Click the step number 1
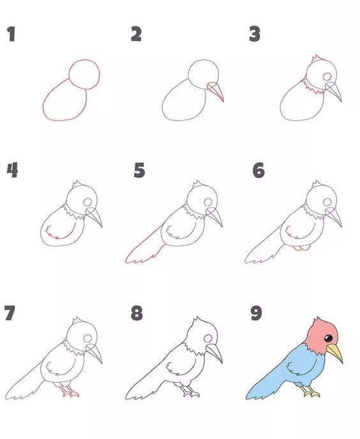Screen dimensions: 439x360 pyautogui.click(x=11, y=34)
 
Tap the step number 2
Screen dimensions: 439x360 pyautogui.click(x=136, y=34)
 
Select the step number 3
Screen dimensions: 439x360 pyautogui.click(x=255, y=34)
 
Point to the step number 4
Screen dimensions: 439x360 pyautogui.click(x=12, y=170)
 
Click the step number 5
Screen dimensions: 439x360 pyautogui.click(x=140, y=170)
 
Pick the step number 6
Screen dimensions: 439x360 pyautogui.click(x=258, y=170)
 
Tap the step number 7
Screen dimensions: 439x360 pyautogui.click(x=10, y=313)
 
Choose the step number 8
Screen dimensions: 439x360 pyautogui.click(x=137, y=313)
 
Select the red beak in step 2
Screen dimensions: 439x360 pyautogui.click(x=218, y=93)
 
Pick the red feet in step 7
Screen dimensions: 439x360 pyautogui.click(x=70, y=392)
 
